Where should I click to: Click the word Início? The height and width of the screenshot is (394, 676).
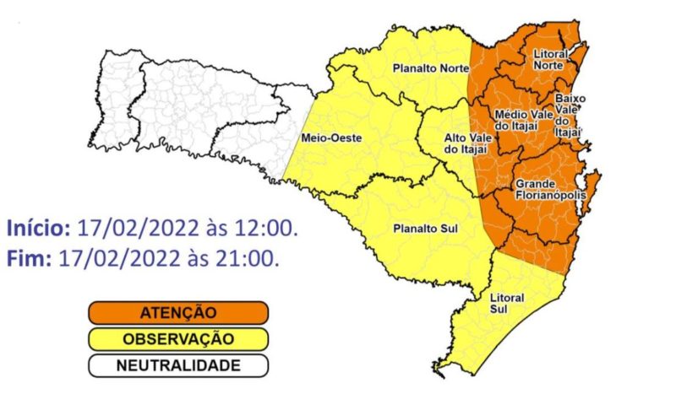[38, 229]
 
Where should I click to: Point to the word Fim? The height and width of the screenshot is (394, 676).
[27, 258]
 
